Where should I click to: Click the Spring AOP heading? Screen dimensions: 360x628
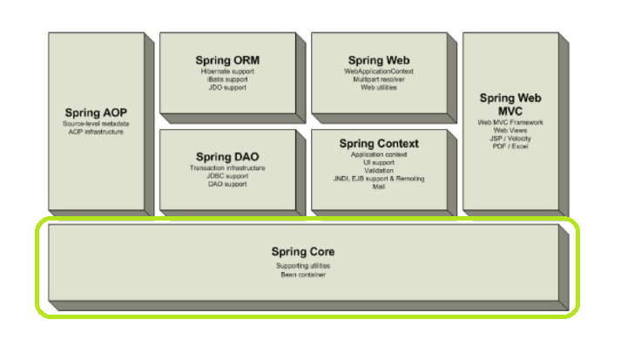coord(96,113)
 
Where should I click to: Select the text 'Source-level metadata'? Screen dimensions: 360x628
coord(96,124)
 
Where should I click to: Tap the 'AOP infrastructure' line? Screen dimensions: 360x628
coord(96,132)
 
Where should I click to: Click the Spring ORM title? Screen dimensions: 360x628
coord(227,60)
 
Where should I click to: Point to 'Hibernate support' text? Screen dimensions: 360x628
coord(227,71)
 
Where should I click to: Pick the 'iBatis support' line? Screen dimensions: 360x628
coord(227,79)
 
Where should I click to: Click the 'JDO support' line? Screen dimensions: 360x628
coord(227,87)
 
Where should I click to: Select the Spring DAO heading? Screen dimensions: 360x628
coord(227,157)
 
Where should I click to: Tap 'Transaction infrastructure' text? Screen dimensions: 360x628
coord(227,167)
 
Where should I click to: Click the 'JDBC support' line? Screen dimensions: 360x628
coord(227,176)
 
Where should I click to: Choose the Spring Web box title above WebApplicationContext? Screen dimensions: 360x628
coord(379,60)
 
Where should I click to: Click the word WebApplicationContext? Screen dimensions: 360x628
coord(379,71)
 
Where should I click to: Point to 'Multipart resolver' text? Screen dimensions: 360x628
coord(379,79)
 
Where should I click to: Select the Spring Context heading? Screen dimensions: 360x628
coord(379,144)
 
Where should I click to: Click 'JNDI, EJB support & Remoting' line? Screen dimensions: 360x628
coord(379,178)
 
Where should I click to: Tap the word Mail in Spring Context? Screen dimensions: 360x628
coord(379,186)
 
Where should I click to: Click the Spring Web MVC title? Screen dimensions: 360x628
coord(510,105)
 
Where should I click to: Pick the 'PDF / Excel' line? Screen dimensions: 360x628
coord(510,146)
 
